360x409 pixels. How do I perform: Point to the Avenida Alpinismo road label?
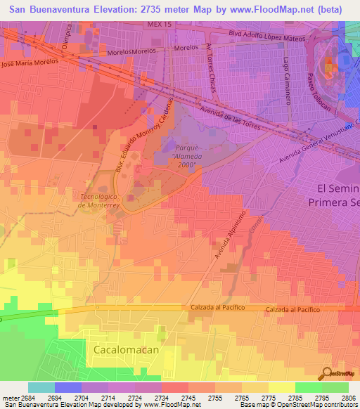(x=231, y=234)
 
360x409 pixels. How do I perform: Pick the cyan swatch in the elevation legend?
(x=41, y=387)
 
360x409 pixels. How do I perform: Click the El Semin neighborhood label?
(x=338, y=188)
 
